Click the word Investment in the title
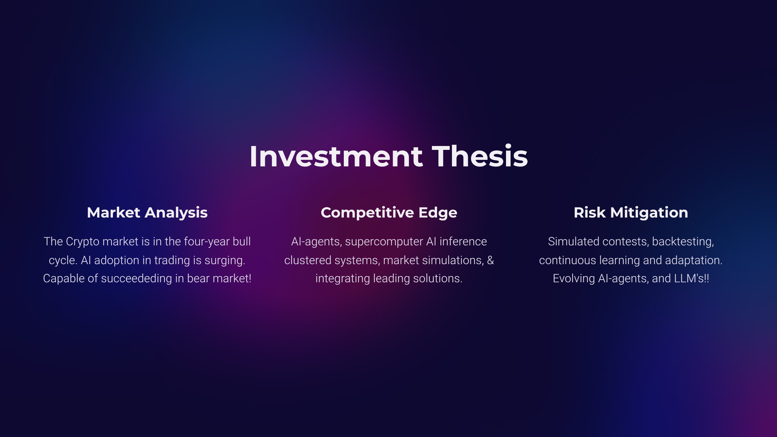coord(336,156)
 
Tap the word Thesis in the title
coord(480,156)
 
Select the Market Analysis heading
coord(147,213)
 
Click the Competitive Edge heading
coord(389,213)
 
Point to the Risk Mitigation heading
coord(631,213)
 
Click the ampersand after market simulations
coord(490,260)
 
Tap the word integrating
coord(343,279)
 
